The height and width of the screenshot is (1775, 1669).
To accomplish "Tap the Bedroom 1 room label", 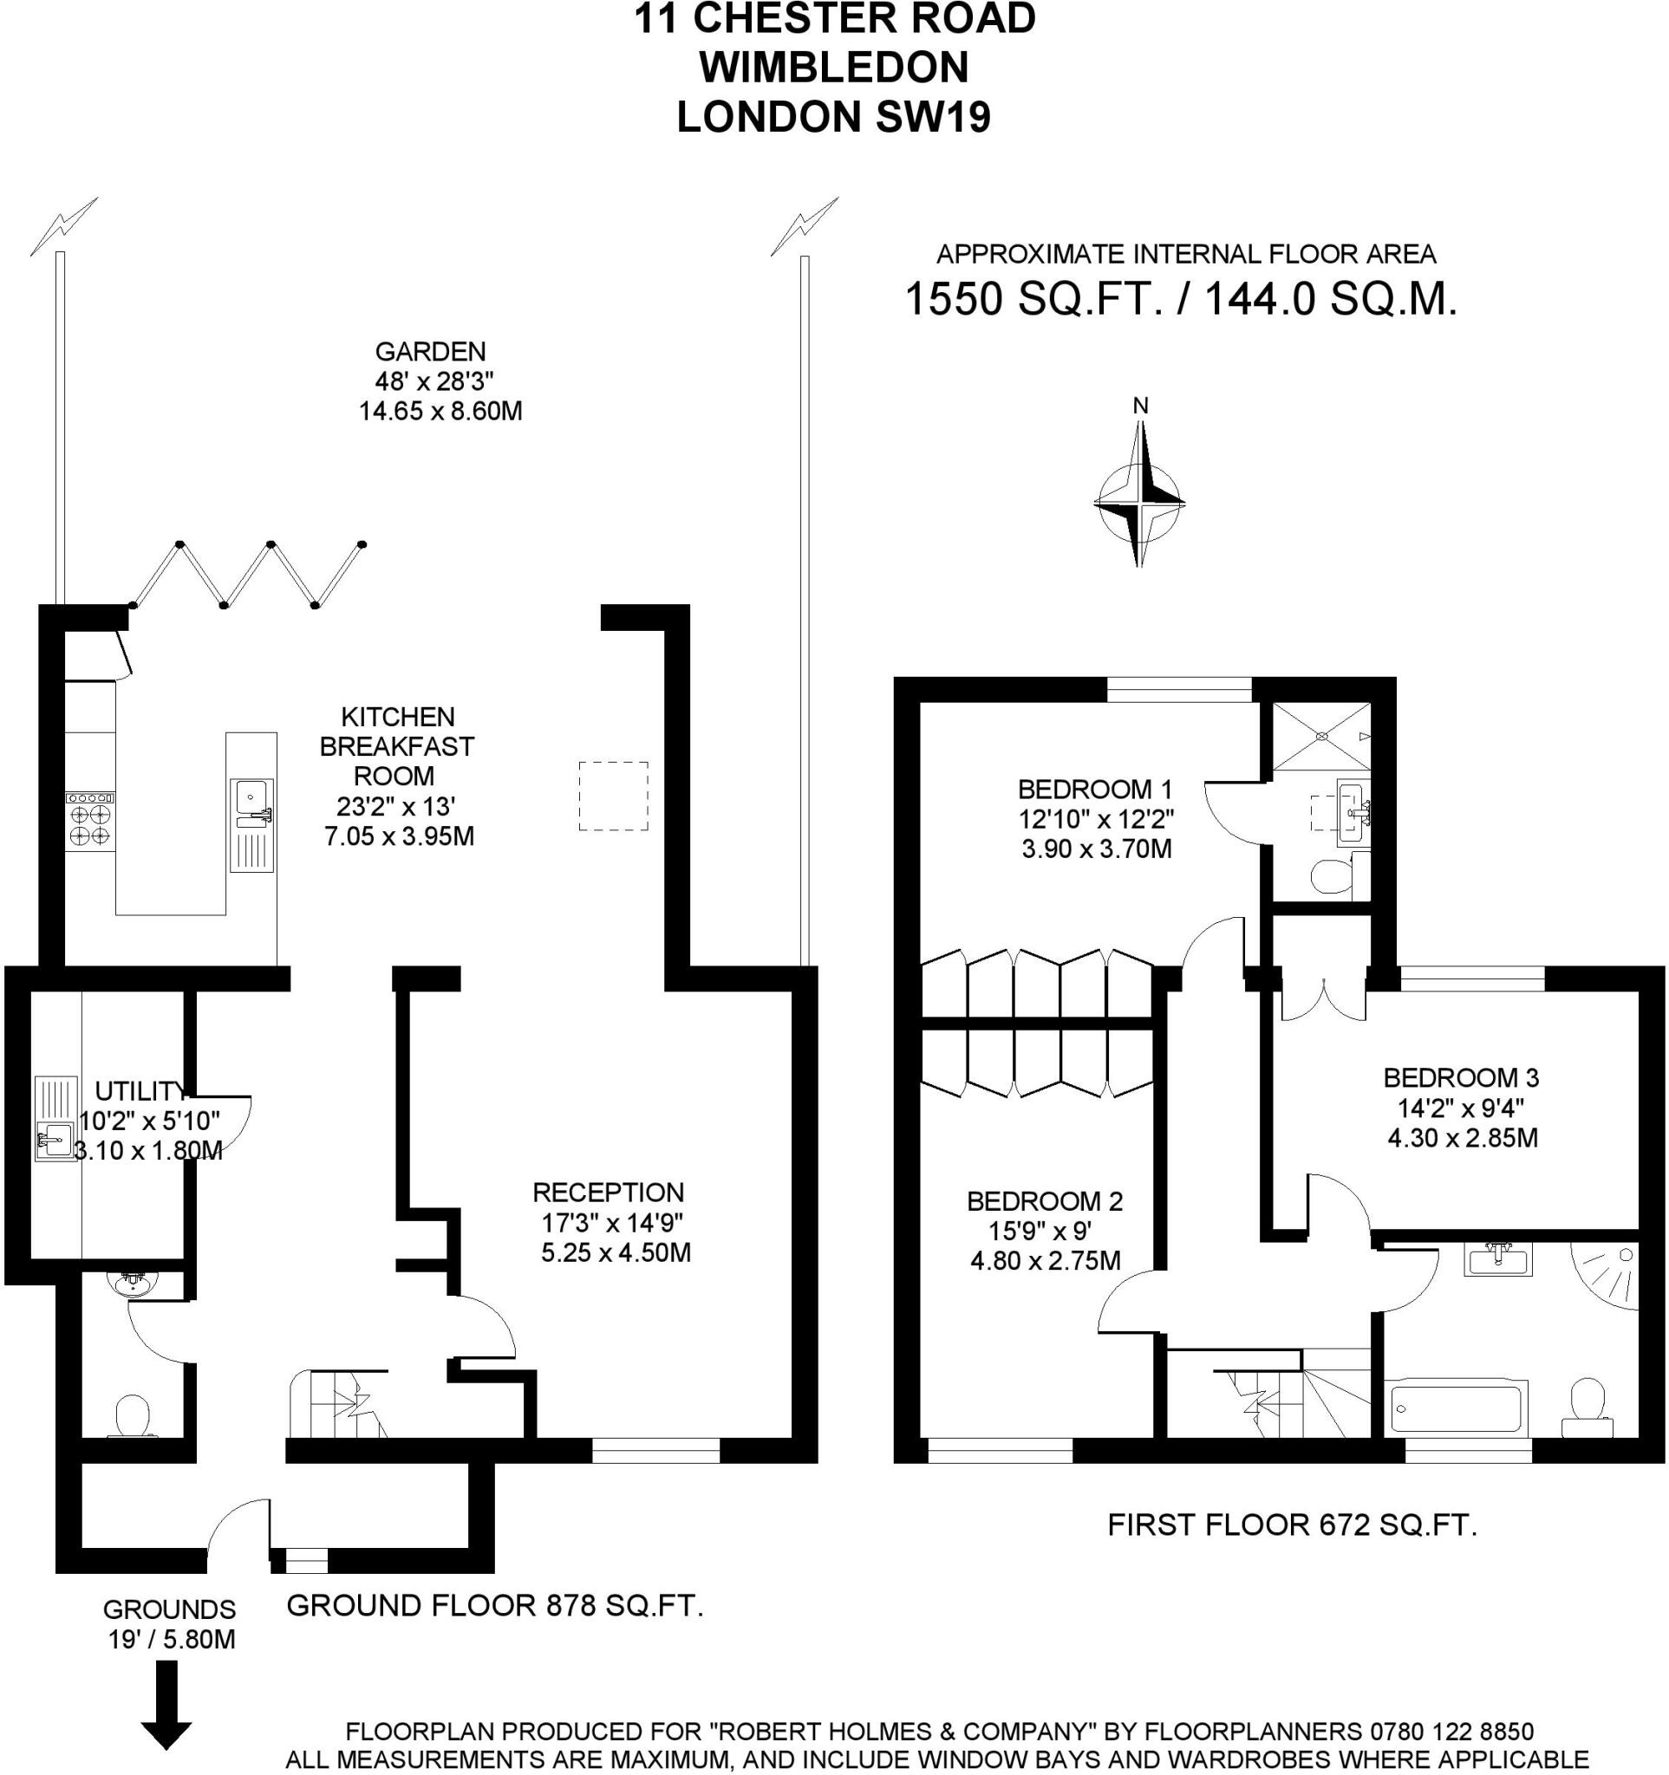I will tap(1095, 790).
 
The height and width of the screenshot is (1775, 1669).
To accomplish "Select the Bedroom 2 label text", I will tap(1045, 1201).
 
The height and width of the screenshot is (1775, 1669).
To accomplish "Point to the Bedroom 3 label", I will tap(1461, 1077).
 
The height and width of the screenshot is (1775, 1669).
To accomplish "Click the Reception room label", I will tap(608, 1192).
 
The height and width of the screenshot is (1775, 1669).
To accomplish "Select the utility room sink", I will tap(55, 1141).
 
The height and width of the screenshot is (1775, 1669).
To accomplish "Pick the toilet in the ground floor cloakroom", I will tap(132, 1415).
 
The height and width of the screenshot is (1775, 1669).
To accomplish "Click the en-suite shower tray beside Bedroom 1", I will tap(1320, 737).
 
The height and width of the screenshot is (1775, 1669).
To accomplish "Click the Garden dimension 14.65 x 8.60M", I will tap(440, 412).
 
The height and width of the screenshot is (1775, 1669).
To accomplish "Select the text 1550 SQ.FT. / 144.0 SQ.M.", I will tap(1181, 299).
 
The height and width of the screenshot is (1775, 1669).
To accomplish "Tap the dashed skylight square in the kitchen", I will tap(613, 796).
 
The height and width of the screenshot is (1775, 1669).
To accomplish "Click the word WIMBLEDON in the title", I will tap(833, 67).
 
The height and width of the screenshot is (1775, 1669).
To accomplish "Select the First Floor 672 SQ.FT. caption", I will tap(1292, 1525).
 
